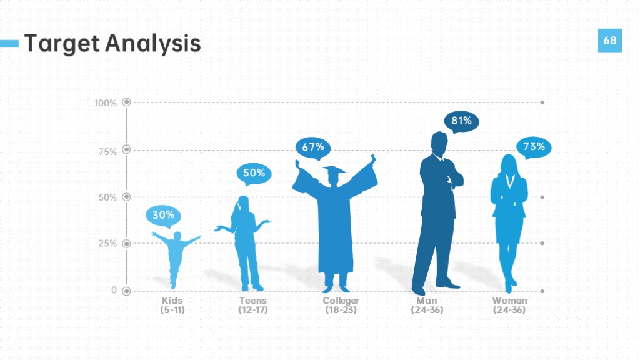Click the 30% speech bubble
[x=163, y=215]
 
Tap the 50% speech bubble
[x=254, y=173]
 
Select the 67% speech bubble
[x=313, y=147]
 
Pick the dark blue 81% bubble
[x=462, y=121]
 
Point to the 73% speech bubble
[x=534, y=146]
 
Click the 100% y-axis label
[x=106, y=103]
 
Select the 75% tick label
[x=107, y=152]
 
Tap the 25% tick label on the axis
[x=107, y=244]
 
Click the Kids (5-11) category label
[x=172, y=305]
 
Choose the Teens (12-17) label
[x=253, y=305]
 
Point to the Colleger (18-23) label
[x=341, y=305]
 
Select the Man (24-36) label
[x=427, y=305]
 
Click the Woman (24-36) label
[x=509, y=305]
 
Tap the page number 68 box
[x=610, y=41]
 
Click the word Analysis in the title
[x=153, y=44]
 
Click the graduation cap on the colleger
[x=334, y=171]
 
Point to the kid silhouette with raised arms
[x=176, y=257]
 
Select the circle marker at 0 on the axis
[x=126, y=291]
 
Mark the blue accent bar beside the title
[x=9, y=43]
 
